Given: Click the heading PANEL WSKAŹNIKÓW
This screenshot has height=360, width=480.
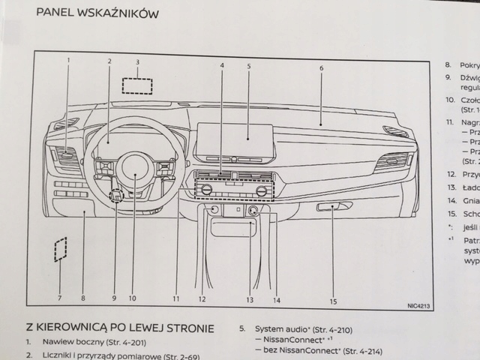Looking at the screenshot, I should pyautogui.click(x=97, y=12).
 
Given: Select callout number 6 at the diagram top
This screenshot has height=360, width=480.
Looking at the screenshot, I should pyautogui.click(x=320, y=68).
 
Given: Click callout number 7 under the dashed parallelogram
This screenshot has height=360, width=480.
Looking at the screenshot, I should pyautogui.click(x=59, y=298).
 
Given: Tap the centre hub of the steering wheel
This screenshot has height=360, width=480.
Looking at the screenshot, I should pyautogui.click(x=135, y=173).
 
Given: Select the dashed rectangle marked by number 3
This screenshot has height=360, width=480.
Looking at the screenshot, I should pyautogui.click(x=138, y=85).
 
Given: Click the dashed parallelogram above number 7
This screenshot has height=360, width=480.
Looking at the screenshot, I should pyautogui.click(x=61, y=250).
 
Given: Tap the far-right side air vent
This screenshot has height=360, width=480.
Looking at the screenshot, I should pyautogui.click(x=391, y=161).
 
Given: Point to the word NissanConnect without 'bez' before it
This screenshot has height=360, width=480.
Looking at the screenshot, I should pyautogui.click(x=288, y=339).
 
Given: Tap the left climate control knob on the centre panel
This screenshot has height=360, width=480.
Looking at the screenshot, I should pyautogui.click(x=206, y=190).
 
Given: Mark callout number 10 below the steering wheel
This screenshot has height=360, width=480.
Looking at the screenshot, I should pyautogui.click(x=132, y=298).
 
